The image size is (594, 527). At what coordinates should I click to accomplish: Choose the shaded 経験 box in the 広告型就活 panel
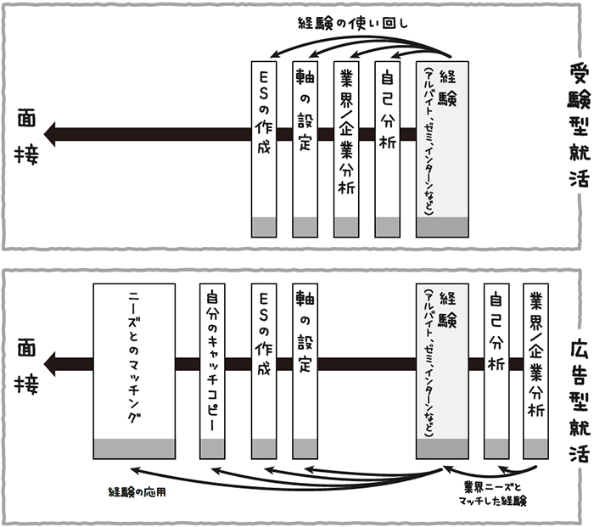441,382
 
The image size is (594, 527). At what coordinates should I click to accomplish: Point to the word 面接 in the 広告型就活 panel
25,364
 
